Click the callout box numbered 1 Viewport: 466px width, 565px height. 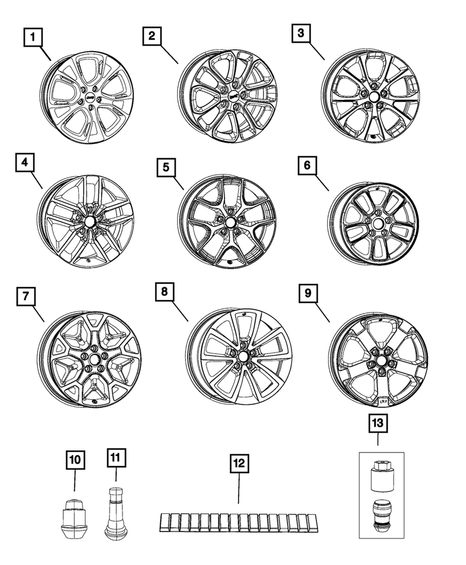click(x=33, y=37)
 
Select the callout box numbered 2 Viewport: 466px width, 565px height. click(x=152, y=36)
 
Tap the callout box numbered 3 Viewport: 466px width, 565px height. click(x=301, y=33)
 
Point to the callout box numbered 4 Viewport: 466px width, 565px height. click(x=25, y=162)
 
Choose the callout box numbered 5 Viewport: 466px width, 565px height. click(x=166, y=168)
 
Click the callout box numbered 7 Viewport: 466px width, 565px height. click(x=26, y=296)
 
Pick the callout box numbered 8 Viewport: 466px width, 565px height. click(x=165, y=291)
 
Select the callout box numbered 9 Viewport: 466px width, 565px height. click(x=308, y=293)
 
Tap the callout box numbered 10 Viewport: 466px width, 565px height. click(x=75, y=460)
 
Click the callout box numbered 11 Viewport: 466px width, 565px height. click(x=116, y=458)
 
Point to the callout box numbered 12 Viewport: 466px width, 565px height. click(x=240, y=463)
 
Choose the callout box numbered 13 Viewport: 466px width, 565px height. click(x=378, y=423)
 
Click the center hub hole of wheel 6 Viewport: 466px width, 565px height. click(x=378, y=224)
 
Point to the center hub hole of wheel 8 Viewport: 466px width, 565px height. click(x=242, y=357)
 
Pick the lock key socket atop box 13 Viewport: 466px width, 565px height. click(x=382, y=476)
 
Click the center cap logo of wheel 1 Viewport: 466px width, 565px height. click(x=90, y=97)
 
